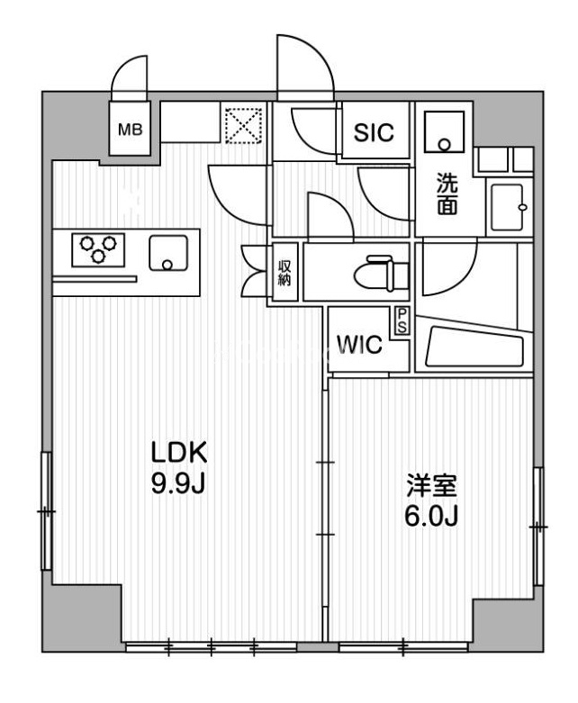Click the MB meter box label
tap(131, 129)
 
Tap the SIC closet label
tap(374, 132)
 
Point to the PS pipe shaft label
tap(401, 320)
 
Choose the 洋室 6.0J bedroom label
tap(429, 502)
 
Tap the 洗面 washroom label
tap(446, 193)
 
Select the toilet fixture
tap(378, 271)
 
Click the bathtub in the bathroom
tap(473, 347)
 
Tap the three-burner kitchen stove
tap(100, 249)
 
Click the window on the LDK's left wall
tap(47, 510)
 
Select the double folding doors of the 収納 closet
tap(254, 271)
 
